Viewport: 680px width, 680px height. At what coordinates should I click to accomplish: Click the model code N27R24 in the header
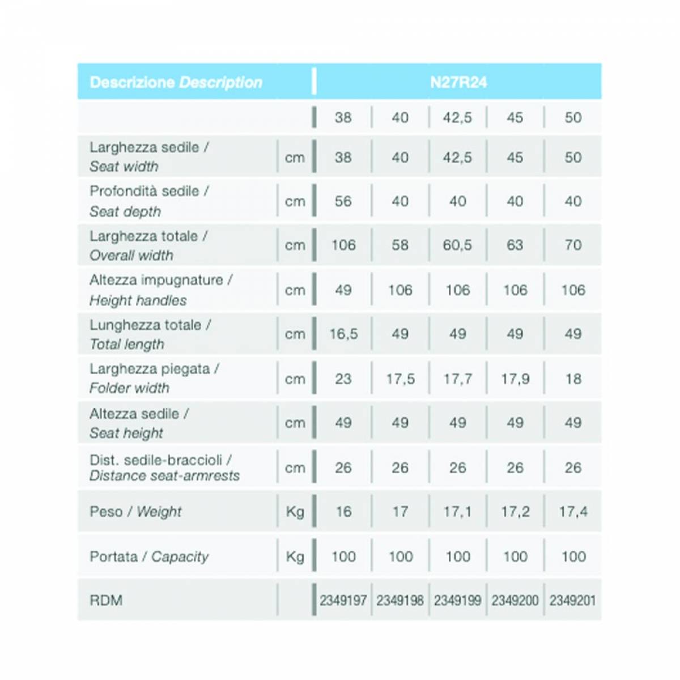pos(458,82)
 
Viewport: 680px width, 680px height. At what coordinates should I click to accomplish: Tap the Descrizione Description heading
pos(176,83)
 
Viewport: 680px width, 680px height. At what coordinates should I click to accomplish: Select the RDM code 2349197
pos(343,600)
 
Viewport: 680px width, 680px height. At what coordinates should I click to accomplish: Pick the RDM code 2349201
pos(572,600)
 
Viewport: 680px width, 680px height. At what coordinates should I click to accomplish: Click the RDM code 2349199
pos(457,600)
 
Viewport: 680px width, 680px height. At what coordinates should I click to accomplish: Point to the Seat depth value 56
pos(343,201)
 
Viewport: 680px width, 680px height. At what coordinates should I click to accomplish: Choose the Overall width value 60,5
pos(457,245)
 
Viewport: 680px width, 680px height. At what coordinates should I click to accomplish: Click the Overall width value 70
pos(573,245)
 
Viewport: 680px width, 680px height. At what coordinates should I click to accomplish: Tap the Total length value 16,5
pos(343,334)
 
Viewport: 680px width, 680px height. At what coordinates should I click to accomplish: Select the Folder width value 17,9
pos(515,379)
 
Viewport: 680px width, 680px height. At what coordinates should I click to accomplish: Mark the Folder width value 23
pos(343,379)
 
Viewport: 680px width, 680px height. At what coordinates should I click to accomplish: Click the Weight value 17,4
pos(573,512)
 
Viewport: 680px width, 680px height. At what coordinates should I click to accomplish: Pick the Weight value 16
pos(343,512)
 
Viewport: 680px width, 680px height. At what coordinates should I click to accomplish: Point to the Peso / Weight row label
pos(135,512)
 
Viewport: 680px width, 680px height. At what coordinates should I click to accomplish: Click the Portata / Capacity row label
pos(149,556)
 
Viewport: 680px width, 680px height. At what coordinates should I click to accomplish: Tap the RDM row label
pos(106,600)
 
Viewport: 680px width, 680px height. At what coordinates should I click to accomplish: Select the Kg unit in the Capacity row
pos(295,556)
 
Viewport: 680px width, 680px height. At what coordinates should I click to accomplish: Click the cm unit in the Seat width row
pos(295,158)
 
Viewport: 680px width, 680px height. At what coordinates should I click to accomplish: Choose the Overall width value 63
pos(515,245)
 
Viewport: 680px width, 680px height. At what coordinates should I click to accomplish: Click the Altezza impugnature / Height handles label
pos(160,290)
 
